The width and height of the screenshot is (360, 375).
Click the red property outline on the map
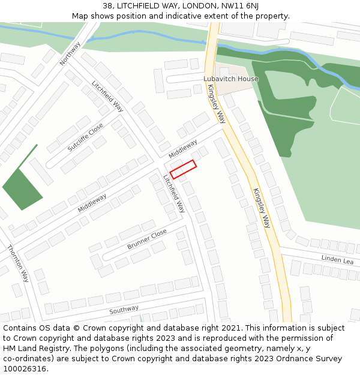(183, 169)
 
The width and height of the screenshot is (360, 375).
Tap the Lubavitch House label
(230, 79)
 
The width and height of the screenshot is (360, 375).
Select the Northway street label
(70, 53)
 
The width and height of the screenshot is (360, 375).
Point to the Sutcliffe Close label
(85, 137)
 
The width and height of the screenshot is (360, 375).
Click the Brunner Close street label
(147, 239)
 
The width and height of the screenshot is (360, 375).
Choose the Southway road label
(124, 310)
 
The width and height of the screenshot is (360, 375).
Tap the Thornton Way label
(18, 263)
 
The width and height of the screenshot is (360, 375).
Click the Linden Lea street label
(338, 260)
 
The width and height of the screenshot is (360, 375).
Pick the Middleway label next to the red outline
(183, 149)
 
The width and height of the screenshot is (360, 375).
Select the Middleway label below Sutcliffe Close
(92, 203)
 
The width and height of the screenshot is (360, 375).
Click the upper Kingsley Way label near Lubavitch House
(216, 103)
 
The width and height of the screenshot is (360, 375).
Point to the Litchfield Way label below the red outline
(175, 193)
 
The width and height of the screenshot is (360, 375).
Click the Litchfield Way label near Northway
(108, 96)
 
